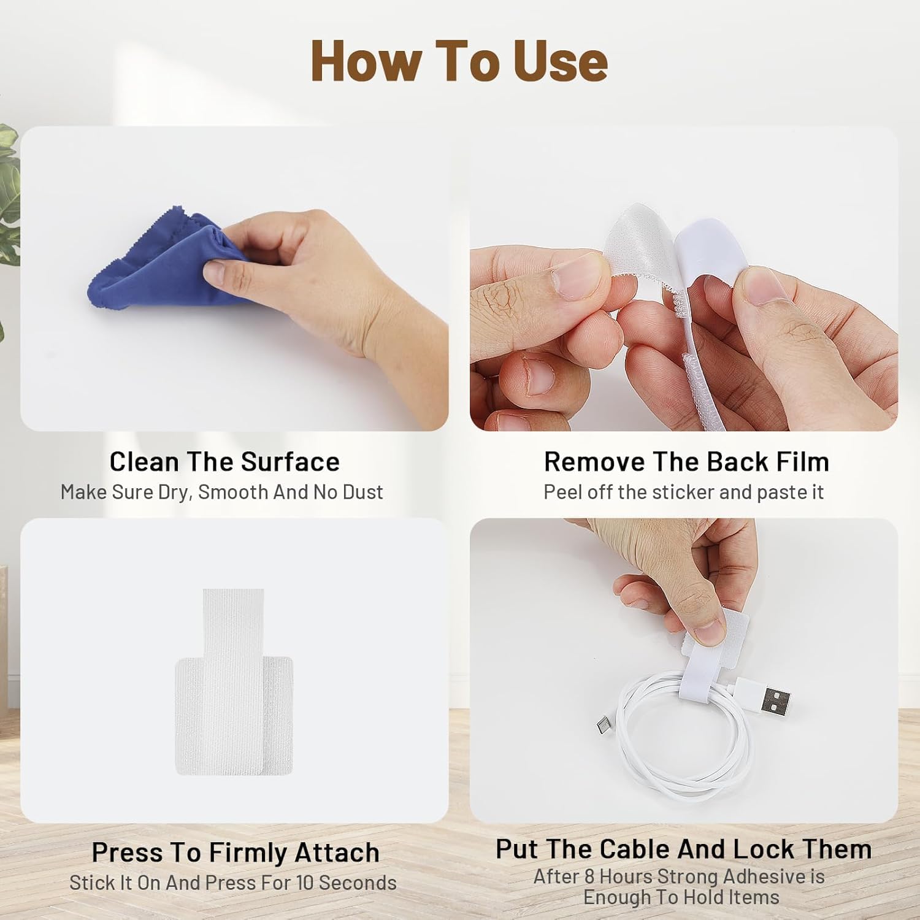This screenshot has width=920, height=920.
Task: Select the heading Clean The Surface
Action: coord(224,462)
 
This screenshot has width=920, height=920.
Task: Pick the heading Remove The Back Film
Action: coord(686,462)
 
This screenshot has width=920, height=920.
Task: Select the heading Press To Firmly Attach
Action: coord(236,853)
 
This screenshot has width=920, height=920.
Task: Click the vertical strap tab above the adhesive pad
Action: coord(233,619)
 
